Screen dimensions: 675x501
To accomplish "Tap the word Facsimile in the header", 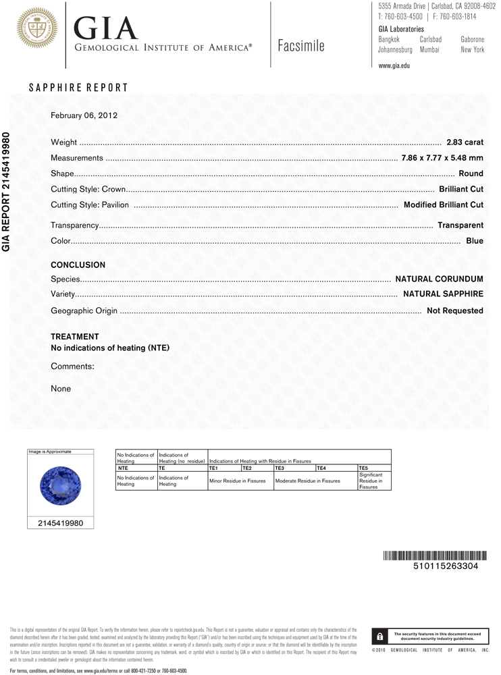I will tap(300, 46).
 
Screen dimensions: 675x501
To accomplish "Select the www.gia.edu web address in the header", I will tap(394, 65).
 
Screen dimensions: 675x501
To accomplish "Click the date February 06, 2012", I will tap(84, 115).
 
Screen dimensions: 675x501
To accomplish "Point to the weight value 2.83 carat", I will tap(465, 142).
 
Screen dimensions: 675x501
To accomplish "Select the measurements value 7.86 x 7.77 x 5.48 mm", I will tap(442, 158).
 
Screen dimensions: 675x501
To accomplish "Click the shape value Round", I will tap(471, 173).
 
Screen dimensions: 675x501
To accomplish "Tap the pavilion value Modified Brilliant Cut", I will tap(443, 205).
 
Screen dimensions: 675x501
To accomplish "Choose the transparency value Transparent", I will tap(460, 225).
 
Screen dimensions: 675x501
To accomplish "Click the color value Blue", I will tap(475, 241).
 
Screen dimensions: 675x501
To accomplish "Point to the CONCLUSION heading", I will tap(78, 265).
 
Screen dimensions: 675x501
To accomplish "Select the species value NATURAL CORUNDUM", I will tap(439, 279).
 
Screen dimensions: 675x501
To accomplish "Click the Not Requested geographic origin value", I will tap(454, 310).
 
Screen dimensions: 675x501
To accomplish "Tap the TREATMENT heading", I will tap(75, 336).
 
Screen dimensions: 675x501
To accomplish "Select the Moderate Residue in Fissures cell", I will tap(307, 481).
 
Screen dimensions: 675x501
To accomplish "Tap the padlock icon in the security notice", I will tap(380, 636).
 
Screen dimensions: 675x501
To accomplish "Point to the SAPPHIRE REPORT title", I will tap(78, 88).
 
